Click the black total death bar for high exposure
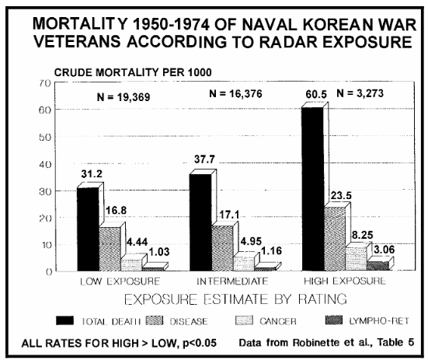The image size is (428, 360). [313, 189]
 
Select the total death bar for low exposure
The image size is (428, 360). [89, 229]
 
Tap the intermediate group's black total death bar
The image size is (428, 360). [200, 222]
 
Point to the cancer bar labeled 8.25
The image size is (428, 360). [357, 259]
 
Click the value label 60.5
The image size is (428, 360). [316, 94]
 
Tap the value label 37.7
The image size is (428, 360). [205, 159]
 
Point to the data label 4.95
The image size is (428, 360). [251, 241]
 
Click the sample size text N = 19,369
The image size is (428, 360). [124, 97]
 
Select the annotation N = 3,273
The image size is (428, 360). [360, 93]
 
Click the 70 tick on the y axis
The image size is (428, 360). [45, 83]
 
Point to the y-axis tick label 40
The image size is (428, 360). [45, 164]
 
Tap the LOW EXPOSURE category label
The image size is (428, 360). [120, 281]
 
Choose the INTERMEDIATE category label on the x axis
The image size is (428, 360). [232, 281]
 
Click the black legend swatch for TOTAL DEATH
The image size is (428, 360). [64, 320]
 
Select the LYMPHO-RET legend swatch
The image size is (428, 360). [334, 320]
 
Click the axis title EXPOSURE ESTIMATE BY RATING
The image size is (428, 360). [235, 299]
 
